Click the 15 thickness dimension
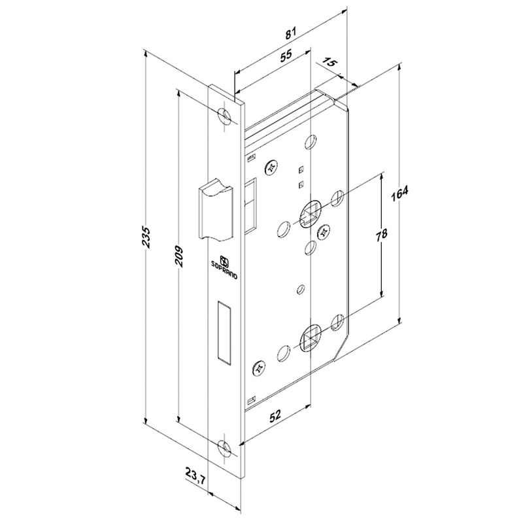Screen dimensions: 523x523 [330, 63]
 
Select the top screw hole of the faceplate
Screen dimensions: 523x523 [226, 116]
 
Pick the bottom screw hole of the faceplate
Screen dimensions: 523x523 [226, 448]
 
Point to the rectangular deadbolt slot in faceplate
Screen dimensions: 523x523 [222, 332]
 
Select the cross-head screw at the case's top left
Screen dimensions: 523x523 [271, 167]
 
